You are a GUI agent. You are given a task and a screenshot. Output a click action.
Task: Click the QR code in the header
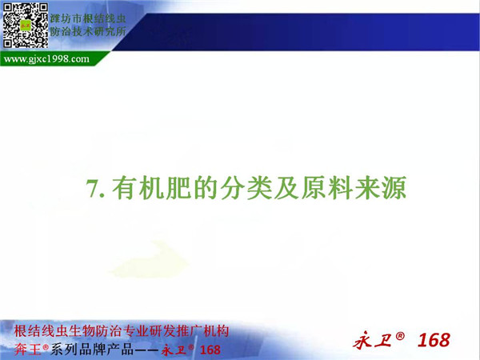click(26, 25)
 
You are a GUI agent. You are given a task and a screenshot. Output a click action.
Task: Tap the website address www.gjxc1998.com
click(46, 58)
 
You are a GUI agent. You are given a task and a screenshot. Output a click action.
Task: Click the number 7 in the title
click(92, 188)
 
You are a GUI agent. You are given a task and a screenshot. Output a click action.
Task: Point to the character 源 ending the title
click(394, 187)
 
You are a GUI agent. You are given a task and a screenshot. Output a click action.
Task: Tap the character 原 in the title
click(314, 187)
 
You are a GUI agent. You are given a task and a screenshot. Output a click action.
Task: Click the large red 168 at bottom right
click(434, 340)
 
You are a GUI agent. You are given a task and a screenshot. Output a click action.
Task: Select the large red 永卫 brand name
click(372, 341)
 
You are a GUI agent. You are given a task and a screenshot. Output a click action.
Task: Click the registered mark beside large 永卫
click(400, 336)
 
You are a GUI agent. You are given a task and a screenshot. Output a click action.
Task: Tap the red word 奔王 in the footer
click(27, 350)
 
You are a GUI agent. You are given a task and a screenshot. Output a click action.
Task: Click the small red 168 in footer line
click(210, 350)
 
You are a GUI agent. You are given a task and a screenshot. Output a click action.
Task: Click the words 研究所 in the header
click(110, 31)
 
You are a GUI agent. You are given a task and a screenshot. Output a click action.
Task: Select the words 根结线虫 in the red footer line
click(42, 332)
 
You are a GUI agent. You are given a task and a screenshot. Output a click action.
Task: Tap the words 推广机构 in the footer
click(202, 332)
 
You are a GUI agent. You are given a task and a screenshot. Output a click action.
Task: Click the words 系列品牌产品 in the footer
click(92, 350)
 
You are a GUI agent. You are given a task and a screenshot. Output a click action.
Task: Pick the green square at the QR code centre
click(26, 25)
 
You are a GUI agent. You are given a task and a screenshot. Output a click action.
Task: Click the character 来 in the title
click(367, 187)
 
